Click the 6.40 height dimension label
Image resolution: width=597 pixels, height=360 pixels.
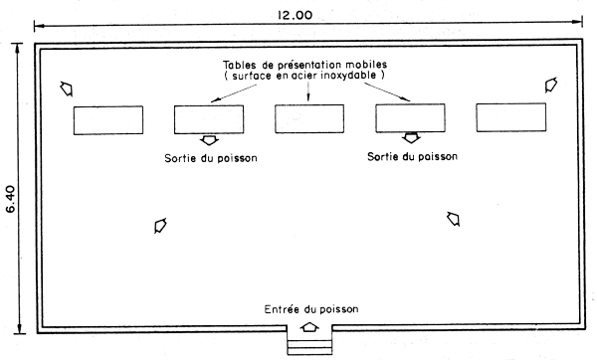tap(11, 189)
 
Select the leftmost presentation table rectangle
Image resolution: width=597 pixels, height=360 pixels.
tap(107, 119)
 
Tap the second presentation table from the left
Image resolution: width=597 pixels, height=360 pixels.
tap(209, 119)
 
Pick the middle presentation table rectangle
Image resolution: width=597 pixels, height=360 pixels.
tap(309, 119)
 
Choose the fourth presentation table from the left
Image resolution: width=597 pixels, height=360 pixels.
tap(410, 119)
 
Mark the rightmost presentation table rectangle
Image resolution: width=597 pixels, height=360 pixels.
tap(510, 119)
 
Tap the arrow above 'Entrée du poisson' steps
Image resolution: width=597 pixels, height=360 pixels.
tap(309, 325)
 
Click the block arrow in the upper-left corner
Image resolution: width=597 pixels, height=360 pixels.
tap(67, 88)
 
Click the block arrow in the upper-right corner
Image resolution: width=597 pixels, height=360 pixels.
tap(550, 87)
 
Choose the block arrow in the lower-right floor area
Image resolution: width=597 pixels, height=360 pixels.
tap(455, 218)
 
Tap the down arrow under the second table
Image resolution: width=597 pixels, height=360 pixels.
tap(210, 140)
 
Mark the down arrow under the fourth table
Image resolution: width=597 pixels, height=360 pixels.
tap(410, 138)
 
